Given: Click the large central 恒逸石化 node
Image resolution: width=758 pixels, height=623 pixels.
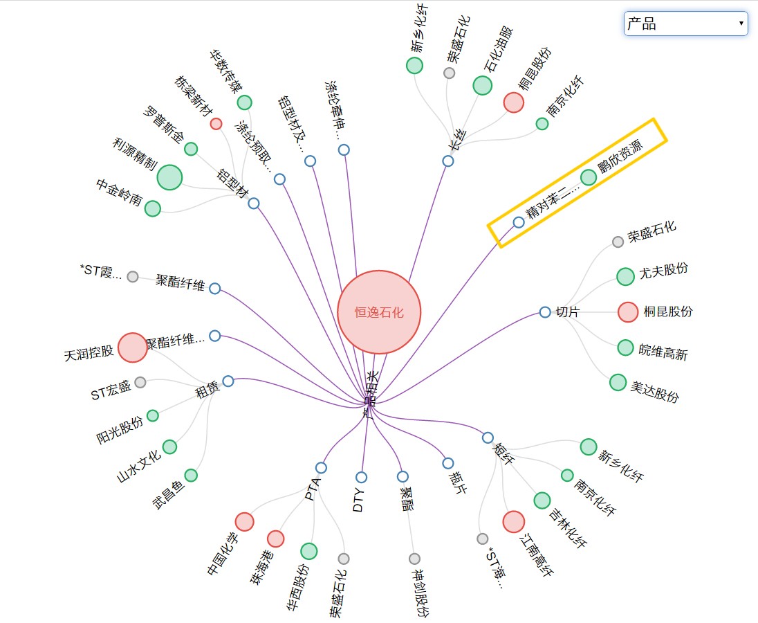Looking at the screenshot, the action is click(379, 312).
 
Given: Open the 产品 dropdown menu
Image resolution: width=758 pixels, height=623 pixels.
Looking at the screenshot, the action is click(685, 24).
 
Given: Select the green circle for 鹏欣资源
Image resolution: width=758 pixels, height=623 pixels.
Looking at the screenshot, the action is click(588, 177).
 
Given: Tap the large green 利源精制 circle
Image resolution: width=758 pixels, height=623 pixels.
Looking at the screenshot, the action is click(169, 177).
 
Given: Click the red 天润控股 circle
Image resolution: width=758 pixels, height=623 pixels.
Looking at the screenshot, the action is click(132, 347).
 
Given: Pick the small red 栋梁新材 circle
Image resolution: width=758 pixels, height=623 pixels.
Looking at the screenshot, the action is click(216, 124).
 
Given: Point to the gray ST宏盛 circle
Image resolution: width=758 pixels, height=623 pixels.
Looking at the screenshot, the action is click(140, 382).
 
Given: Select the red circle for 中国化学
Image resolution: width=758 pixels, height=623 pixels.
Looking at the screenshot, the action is click(244, 521).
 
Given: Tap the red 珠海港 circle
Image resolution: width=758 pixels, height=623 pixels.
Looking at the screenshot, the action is click(275, 539).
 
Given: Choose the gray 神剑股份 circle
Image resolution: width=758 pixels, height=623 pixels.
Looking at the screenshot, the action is click(414, 559).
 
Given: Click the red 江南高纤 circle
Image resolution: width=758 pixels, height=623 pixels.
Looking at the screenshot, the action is click(513, 522).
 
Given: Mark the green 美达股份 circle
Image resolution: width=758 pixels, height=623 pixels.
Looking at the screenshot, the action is click(618, 382).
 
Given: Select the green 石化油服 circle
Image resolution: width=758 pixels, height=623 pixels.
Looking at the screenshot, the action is click(482, 85).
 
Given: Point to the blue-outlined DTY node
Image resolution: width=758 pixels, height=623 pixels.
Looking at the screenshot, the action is click(361, 477).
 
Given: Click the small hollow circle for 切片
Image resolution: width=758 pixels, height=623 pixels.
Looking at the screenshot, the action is click(545, 312).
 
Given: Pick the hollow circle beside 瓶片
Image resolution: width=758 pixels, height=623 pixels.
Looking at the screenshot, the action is click(448, 463).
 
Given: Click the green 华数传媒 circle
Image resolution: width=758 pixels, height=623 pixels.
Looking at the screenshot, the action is click(244, 102).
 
